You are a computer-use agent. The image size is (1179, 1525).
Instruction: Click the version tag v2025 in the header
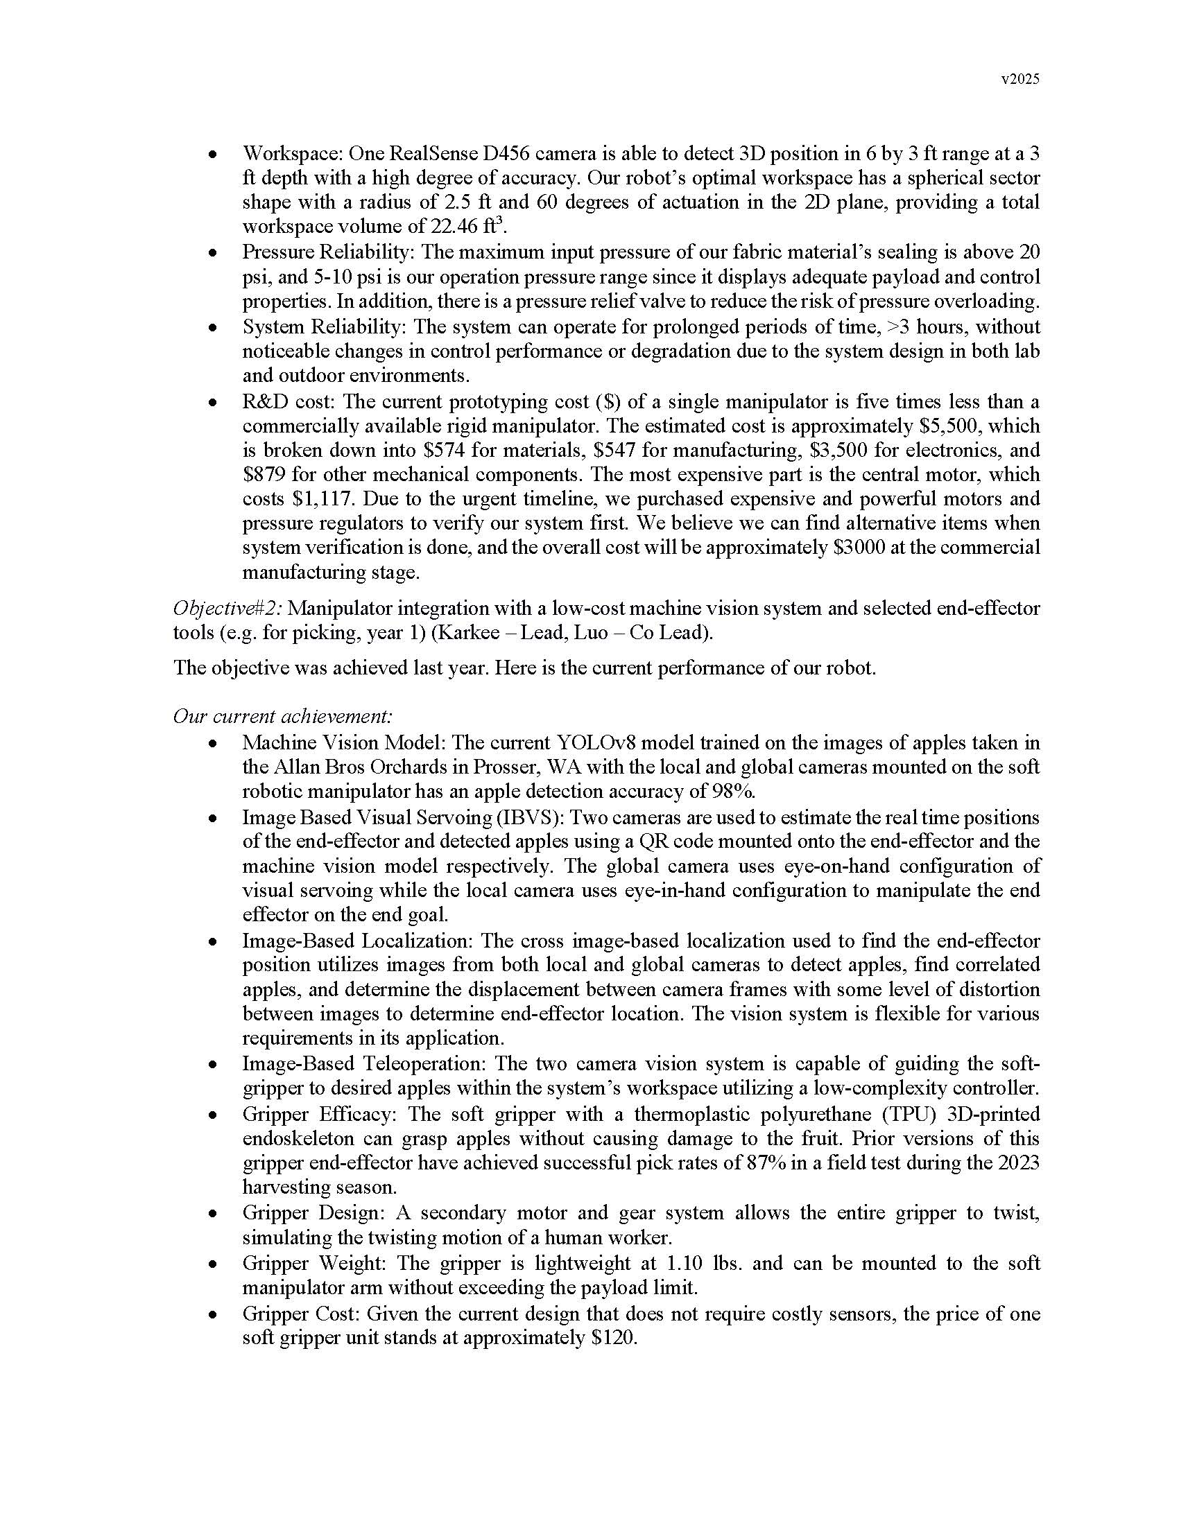click(x=1019, y=80)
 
